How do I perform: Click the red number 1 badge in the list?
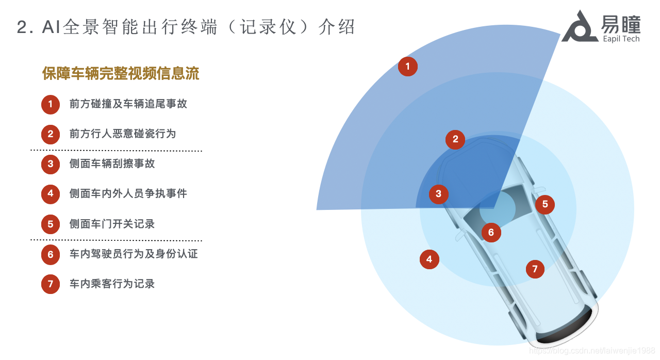pyautogui.click(x=51, y=104)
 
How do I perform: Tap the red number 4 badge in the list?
pyautogui.click(x=51, y=194)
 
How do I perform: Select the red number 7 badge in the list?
pyautogui.click(x=51, y=284)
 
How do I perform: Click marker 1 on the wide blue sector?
pyautogui.click(x=408, y=67)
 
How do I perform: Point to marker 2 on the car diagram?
pyautogui.click(x=455, y=139)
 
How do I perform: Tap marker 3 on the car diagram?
pyautogui.click(x=438, y=194)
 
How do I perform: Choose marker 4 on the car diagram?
pyautogui.click(x=430, y=259)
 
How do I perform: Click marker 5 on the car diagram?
pyautogui.click(x=545, y=205)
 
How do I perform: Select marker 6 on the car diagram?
pyautogui.click(x=491, y=233)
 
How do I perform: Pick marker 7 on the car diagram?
pyautogui.click(x=535, y=269)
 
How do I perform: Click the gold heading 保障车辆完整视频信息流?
pyautogui.click(x=121, y=74)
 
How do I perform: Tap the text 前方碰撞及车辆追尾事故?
pyautogui.click(x=128, y=104)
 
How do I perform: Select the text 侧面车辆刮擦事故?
pyautogui.click(x=112, y=164)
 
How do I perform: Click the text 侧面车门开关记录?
pyautogui.click(x=112, y=224)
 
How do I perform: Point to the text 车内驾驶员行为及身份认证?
pyautogui.click(x=134, y=254)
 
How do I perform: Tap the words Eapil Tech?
pyautogui.click(x=621, y=39)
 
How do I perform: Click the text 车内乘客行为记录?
pyautogui.click(x=112, y=284)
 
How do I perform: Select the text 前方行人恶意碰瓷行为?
pyautogui.click(x=123, y=134)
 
